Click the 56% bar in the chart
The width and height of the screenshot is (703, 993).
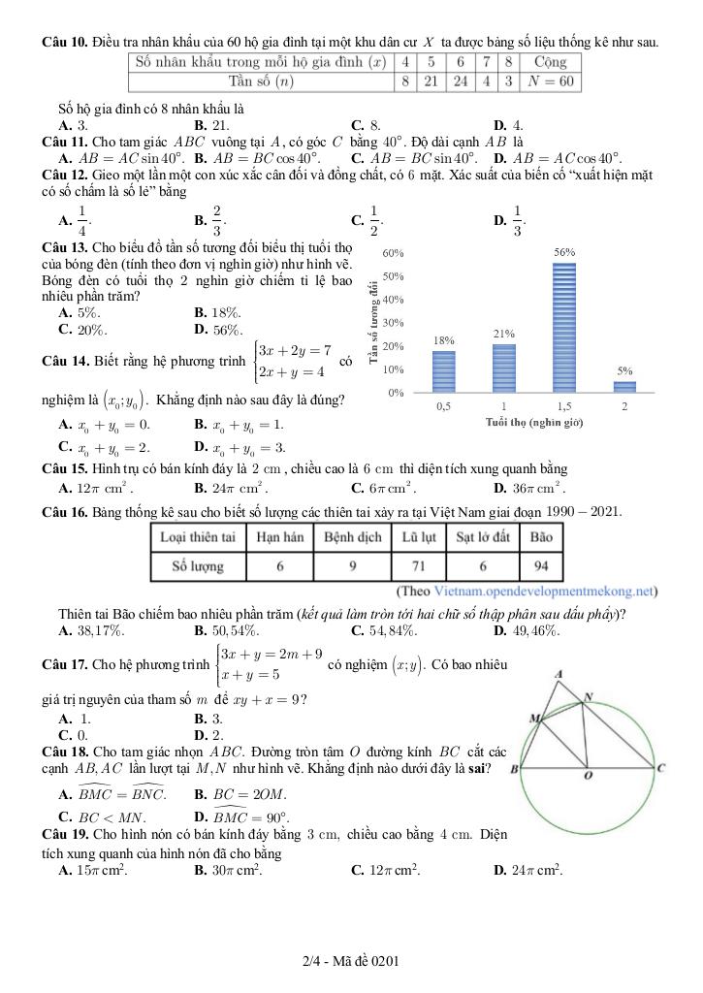[x=564, y=328]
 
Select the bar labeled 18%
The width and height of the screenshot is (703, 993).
[x=443, y=371]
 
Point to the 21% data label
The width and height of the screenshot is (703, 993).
[x=503, y=334]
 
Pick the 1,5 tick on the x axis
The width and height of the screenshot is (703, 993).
[x=563, y=406]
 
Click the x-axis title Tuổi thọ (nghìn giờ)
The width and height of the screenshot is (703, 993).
[x=533, y=422]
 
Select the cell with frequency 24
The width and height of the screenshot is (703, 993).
[x=461, y=80]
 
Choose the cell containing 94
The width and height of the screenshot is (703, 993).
[x=540, y=565]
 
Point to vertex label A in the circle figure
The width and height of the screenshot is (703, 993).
[x=559, y=674]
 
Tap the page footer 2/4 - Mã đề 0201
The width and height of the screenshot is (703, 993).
[x=351, y=961]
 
